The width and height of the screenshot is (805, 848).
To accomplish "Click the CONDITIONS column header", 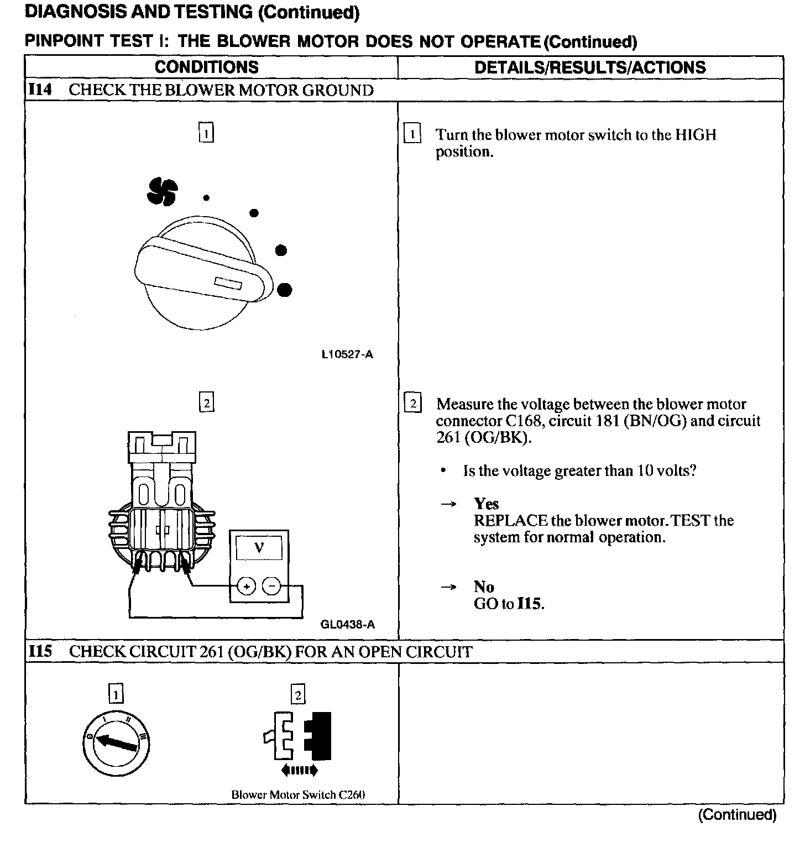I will click(x=207, y=67).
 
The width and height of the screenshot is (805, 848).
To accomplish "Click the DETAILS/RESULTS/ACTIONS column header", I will click(x=590, y=67).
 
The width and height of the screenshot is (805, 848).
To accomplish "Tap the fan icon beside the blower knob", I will click(x=162, y=191).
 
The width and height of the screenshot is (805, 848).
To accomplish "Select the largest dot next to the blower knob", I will click(x=285, y=289).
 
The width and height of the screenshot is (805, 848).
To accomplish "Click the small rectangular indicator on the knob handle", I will click(x=228, y=284).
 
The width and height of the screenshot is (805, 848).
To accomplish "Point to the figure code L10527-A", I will click(x=347, y=355).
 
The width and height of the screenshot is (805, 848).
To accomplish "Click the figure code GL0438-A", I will click(x=347, y=625).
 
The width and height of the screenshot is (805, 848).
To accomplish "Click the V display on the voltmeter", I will click(x=259, y=548).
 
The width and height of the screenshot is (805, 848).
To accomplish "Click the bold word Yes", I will click(x=487, y=504).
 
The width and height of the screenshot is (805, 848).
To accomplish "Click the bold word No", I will click(x=484, y=587).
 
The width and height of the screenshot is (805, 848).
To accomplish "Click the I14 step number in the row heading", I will click(x=40, y=90).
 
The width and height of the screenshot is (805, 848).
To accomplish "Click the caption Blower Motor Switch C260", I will click(x=298, y=795).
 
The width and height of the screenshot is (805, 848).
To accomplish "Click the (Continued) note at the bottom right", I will click(x=737, y=814).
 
